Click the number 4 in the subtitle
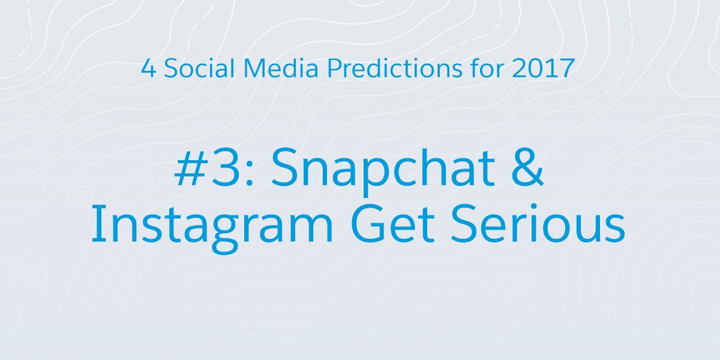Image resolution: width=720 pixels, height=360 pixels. [x=149, y=68]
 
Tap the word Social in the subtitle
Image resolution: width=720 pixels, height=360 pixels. [x=199, y=68]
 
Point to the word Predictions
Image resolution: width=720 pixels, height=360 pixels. [x=395, y=68]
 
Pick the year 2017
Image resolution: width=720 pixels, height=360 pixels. [x=544, y=68]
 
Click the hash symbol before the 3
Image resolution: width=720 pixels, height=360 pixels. [x=190, y=168]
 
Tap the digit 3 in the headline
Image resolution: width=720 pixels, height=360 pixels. [x=226, y=168]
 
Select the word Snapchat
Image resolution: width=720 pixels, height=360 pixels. [x=383, y=171]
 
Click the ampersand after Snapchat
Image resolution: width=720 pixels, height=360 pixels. [x=527, y=167]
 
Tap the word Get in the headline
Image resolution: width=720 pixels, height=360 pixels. [x=393, y=224]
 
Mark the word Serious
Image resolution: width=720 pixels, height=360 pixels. [x=538, y=224]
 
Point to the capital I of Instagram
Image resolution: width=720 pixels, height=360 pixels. [x=95, y=224]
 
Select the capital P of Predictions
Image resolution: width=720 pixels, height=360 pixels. [x=334, y=68]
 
